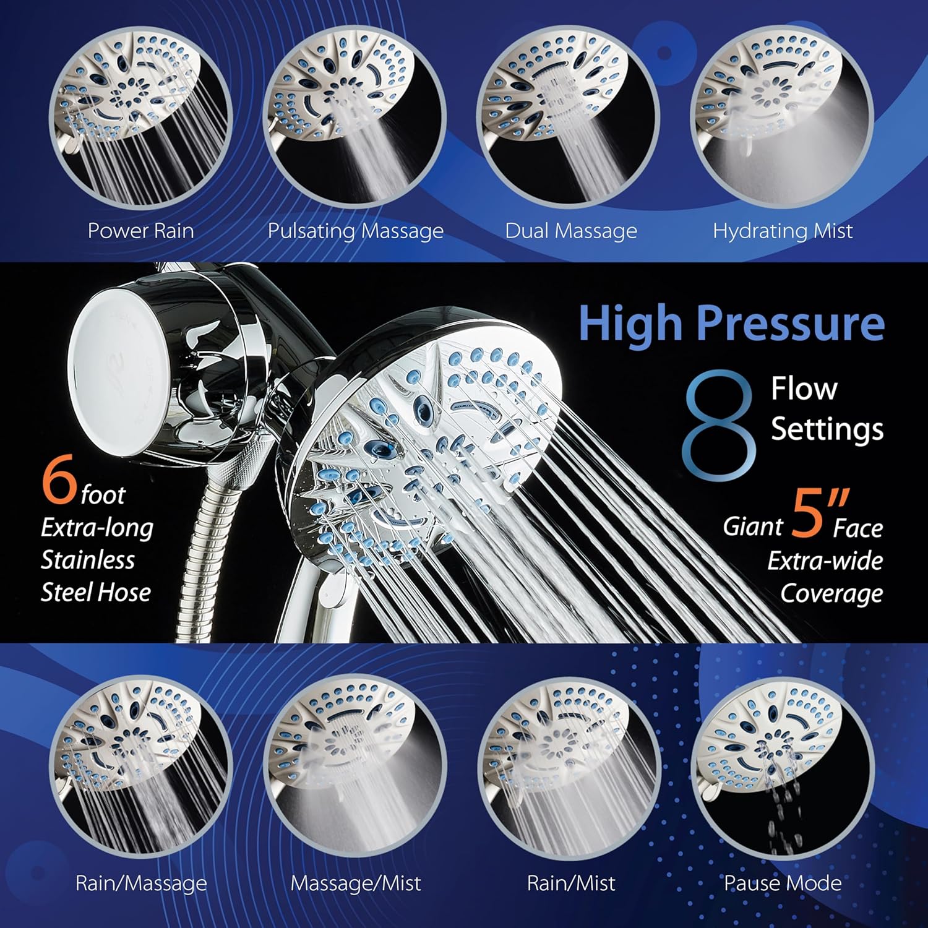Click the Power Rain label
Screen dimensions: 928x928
click(x=141, y=231)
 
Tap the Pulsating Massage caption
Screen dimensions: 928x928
click(x=355, y=231)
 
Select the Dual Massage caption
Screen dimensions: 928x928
click(x=571, y=231)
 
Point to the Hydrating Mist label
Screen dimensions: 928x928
click(x=783, y=231)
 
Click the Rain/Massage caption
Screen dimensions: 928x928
click(x=141, y=883)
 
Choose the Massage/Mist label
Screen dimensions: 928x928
click(x=356, y=883)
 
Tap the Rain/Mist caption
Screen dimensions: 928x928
click(x=571, y=883)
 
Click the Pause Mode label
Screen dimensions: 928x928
click(x=783, y=883)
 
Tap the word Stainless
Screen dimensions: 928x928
click(x=88, y=560)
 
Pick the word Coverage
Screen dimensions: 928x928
click(x=831, y=593)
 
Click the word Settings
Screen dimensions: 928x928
click(x=827, y=429)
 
